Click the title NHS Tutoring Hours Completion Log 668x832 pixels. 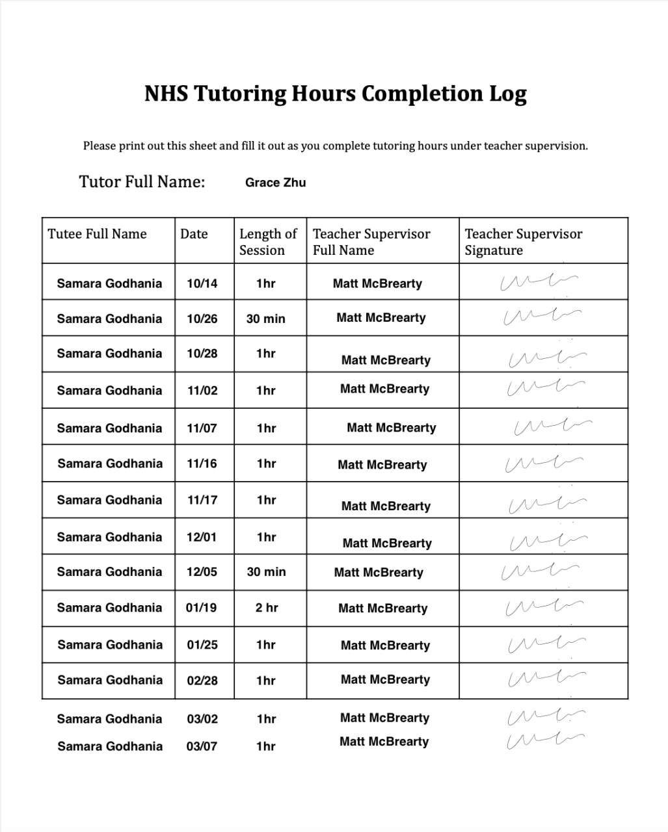(x=335, y=94)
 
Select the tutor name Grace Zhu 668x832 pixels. (x=275, y=183)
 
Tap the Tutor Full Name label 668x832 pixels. (x=142, y=181)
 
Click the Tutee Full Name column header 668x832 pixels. (x=97, y=234)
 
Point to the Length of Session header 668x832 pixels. (x=268, y=242)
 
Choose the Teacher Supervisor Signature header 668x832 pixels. (x=523, y=242)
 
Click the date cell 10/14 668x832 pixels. (x=202, y=283)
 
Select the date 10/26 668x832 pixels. (x=202, y=319)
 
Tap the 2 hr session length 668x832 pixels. (x=266, y=608)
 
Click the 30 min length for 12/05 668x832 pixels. (x=266, y=572)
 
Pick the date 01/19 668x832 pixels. (x=201, y=608)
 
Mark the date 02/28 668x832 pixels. (x=202, y=681)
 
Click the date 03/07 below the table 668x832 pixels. (x=202, y=746)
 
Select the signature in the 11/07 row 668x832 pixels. (x=552, y=426)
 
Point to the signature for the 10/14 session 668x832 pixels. (x=539, y=282)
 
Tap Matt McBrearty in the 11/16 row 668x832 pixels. (x=382, y=465)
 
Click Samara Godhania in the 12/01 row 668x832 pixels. (x=109, y=537)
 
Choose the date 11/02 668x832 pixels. (x=202, y=391)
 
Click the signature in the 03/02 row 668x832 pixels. (x=545, y=716)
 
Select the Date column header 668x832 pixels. (x=194, y=234)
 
